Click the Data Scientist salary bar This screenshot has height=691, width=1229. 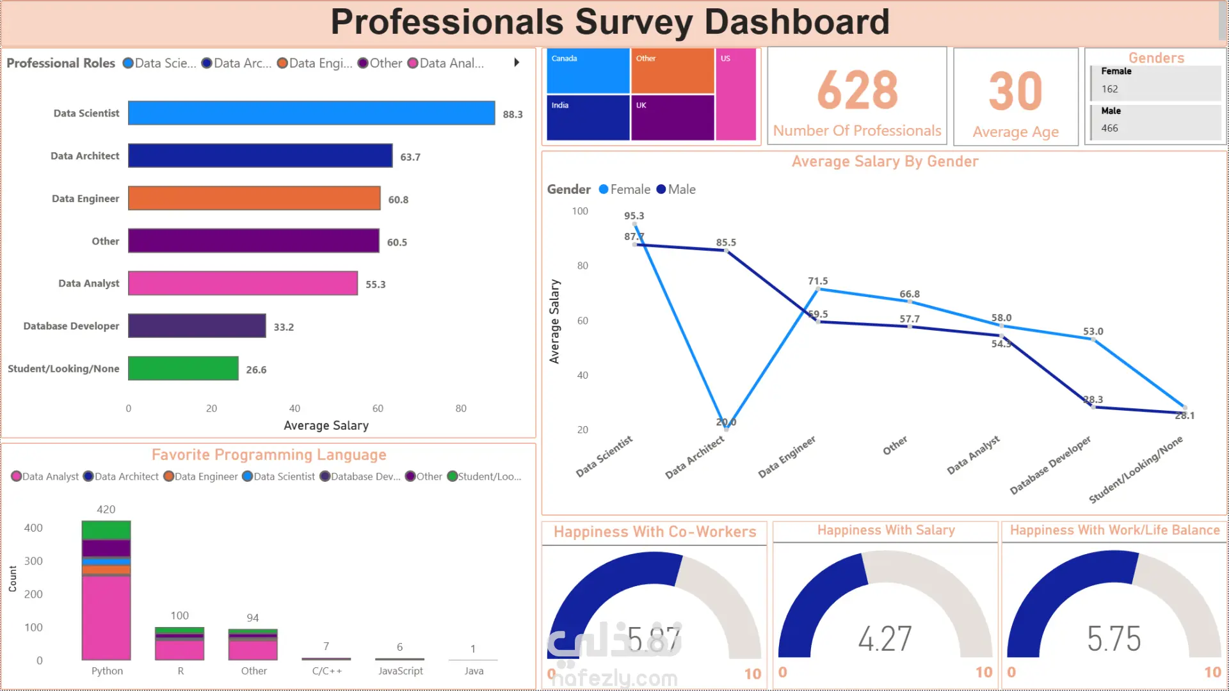(311, 113)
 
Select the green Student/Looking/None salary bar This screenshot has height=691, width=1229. (183, 369)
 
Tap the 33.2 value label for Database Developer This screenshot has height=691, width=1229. (284, 327)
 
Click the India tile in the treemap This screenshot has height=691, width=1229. (588, 118)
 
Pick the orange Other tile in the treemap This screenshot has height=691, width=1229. (672, 71)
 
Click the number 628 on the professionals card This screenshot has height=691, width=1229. (857, 90)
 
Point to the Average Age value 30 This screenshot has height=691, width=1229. (1015, 91)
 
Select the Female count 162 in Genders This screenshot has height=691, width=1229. (1109, 89)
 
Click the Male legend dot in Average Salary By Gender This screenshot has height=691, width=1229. (661, 189)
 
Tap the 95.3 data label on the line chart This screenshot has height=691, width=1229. (634, 216)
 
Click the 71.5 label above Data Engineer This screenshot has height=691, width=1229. (817, 281)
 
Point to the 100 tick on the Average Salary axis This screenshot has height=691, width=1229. (580, 211)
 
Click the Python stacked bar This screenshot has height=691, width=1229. (106, 590)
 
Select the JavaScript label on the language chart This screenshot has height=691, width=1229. (400, 671)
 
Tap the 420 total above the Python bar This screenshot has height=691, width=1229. (106, 509)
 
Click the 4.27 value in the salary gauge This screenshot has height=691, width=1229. (885, 639)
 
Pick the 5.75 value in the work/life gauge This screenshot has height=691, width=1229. (1114, 639)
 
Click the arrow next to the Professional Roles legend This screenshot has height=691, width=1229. (517, 63)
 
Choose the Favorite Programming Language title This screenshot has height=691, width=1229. (269, 455)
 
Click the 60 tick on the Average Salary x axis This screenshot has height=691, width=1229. (378, 408)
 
